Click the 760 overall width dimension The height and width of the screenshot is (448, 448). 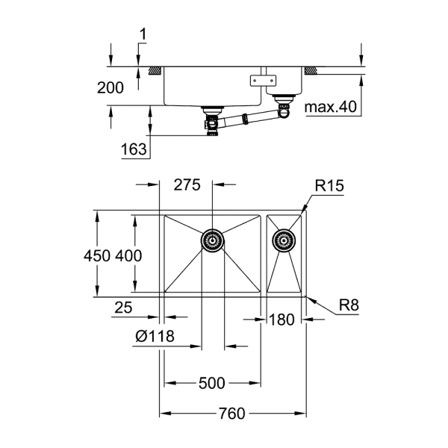pos(233,413)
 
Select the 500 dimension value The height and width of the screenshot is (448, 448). pos(212,384)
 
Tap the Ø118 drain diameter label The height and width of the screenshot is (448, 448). pos(155,337)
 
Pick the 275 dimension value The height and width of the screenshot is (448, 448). pos(186,186)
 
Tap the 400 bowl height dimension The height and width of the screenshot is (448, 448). pos(128,255)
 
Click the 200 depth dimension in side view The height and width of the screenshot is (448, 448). pos(111,87)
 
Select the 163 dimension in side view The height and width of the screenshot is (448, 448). pos(134,149)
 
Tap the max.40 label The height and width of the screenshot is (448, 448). pos(332,108)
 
